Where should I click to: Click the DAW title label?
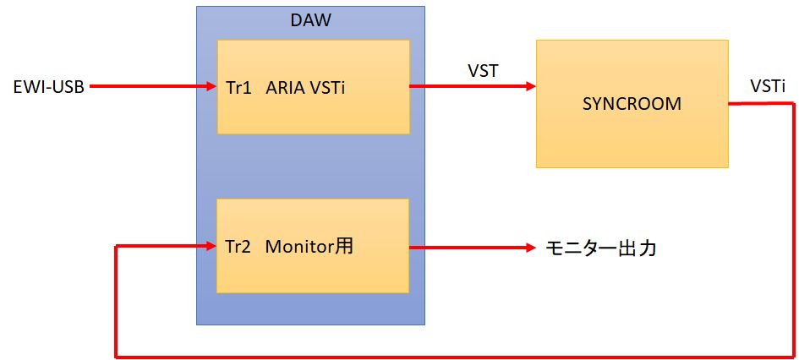[x=310, y=20]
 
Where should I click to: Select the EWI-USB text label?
[x=48, y=86]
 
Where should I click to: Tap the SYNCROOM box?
[x=632, y=104]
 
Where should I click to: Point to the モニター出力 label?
[x=600, y=248]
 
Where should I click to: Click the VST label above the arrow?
[x=483, y=70]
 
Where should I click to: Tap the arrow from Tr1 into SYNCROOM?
[x=469, y=86]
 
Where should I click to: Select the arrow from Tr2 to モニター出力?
[x=469, y=248]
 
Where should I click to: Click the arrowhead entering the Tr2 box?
[x=211, y=247]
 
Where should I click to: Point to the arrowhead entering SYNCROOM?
[x=530, y=86]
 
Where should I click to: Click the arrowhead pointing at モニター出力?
[x=530, y=248]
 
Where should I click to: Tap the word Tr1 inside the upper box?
[x=238, y=87]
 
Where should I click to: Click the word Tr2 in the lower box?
[x=238, y=248]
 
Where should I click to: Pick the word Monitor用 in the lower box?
[x=309, y=248]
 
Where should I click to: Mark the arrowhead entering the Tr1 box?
[x=211, y=86]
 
